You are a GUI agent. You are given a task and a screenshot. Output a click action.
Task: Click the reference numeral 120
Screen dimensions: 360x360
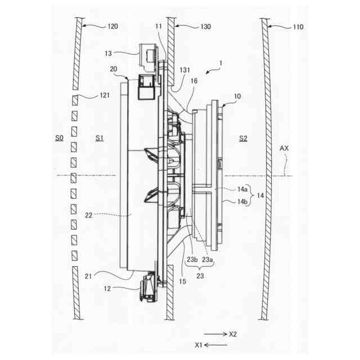[x=112, y=26]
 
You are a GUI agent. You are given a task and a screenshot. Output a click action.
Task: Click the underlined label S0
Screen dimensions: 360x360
[x=59, y=138]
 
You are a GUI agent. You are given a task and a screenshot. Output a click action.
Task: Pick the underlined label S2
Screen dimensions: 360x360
[x=243, y=138]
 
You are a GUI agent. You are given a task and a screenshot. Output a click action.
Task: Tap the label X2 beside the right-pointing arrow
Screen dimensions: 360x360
[x=233, y=334]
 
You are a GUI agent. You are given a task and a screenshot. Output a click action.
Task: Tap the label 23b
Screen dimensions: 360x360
[x=191, y=259]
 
